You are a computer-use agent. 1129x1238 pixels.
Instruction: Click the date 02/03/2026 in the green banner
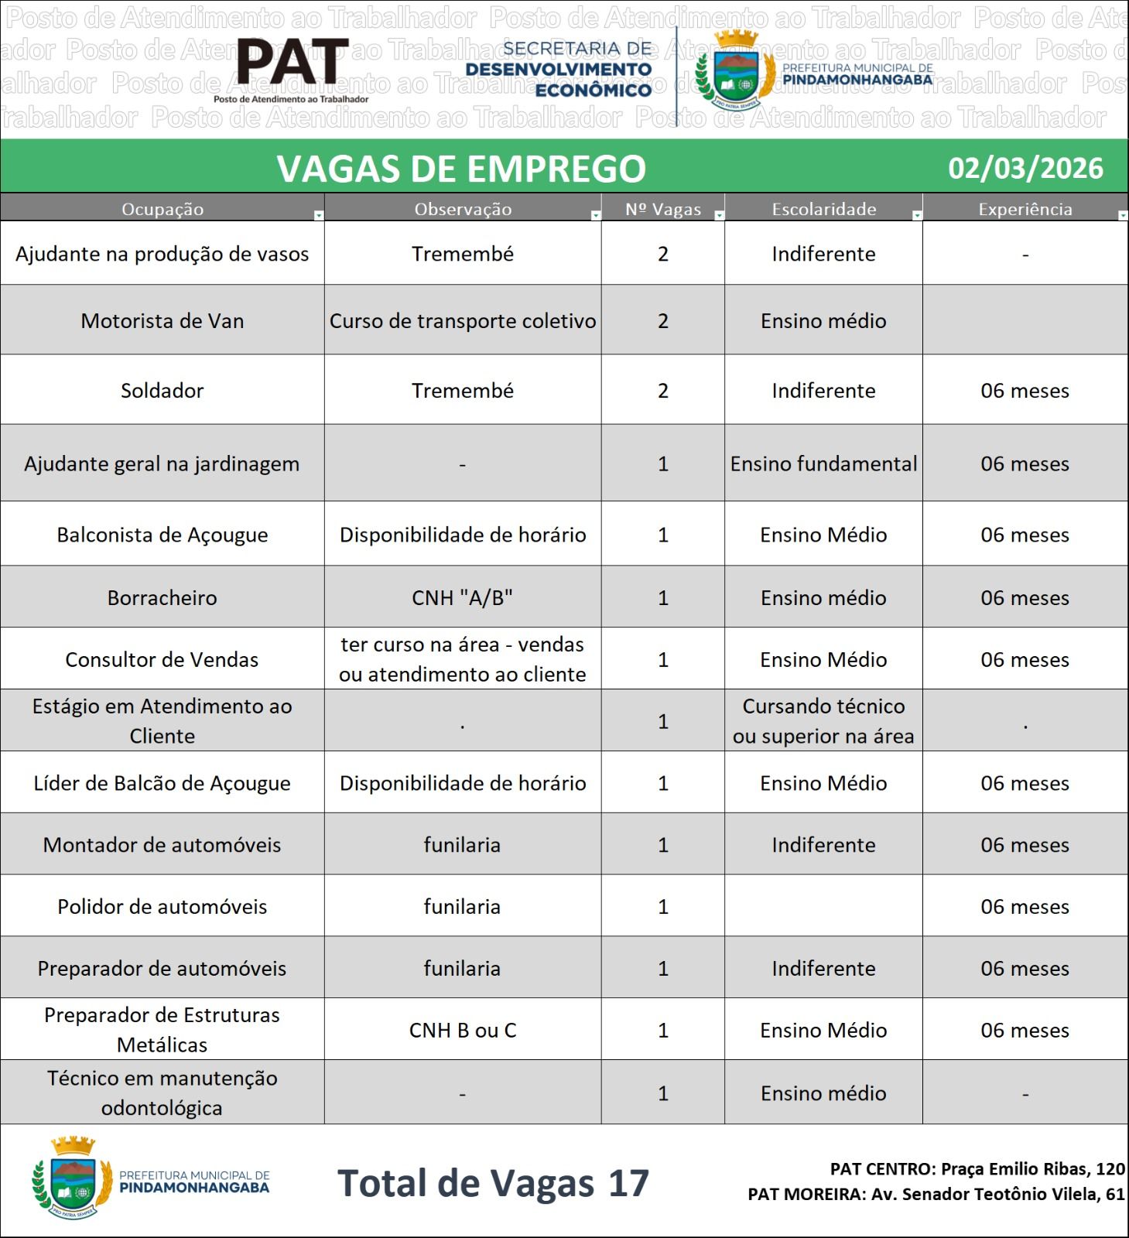(x=1025, y=168)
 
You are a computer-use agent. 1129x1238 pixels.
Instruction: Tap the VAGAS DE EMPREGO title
(x=461, y=168)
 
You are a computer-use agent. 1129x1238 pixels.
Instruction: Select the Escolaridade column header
(x=823, y=209)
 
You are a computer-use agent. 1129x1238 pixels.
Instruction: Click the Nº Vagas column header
(x=662, y=209)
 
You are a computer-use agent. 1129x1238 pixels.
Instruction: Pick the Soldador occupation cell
(x=162, y=390)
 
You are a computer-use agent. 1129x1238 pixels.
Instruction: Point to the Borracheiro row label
(x=162, y=597)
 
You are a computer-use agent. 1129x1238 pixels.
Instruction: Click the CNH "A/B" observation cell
(x=462, y=597)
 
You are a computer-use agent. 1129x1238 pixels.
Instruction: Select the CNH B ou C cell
(x=462, y=1030)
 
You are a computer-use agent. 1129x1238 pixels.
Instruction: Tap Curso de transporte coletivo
(x=462, y=320)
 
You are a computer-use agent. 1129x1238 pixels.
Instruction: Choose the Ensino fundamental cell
(x=823, y=463)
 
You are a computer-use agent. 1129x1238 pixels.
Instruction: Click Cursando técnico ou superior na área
(x=823, y=720)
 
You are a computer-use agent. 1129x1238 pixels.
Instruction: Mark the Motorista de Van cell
(x=162, y=320)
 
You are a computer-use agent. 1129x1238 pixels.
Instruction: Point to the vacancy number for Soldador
(x=662, y=390)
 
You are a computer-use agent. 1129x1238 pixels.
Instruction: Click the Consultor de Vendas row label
(x=162, y=659)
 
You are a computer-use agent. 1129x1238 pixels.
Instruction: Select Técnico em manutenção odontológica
(x=162, y=1093)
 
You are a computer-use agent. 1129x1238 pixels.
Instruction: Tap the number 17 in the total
(x=628, y=1183)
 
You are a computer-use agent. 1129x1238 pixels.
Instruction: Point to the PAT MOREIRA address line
(x=936, y=1194)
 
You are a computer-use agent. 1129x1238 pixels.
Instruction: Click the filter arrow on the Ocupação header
(x=318, y=216)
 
